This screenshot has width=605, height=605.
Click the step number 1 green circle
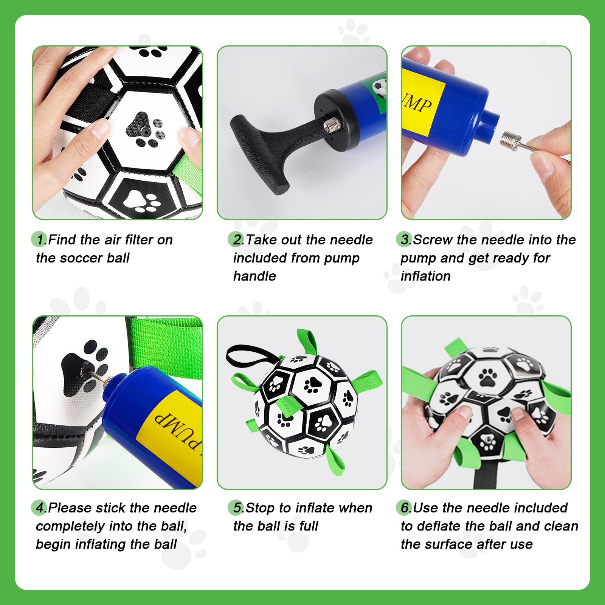(x=39, y=239)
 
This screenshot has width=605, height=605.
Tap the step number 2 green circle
(x=236, y=239)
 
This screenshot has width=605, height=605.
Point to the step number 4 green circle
(x=39, y=507)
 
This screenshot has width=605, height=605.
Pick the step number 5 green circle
(x=236, y=507)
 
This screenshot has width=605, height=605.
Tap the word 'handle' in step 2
(x=254, y=276)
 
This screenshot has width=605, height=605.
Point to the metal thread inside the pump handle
(x=332, y=123)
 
